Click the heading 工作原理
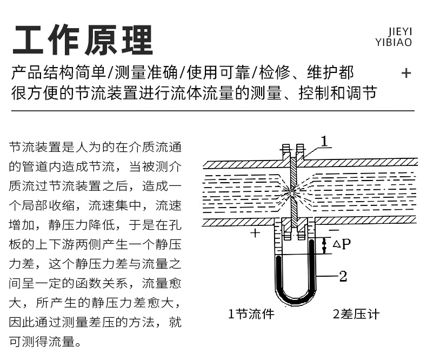[x=83, y=40]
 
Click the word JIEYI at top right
[x=400, y=32]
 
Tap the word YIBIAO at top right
[x=393, y=42]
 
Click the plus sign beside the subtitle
[x=406, y=74]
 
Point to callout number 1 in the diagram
[x=324, y=141]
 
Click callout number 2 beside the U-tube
[x=343, y=276]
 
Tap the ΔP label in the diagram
[x=342, y=244]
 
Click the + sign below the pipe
[x=255, y=233]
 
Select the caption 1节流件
[x=251, y=314]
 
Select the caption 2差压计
[x=356, y=314]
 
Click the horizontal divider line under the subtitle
[x=212, y=111]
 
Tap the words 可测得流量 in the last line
[x=42, y=342]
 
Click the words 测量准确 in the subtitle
[x=146, y=72]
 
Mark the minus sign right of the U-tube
[x=334, y=230]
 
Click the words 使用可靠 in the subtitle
[x=218, y=72]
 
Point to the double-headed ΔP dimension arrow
[x=324, y=245]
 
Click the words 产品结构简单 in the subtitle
[x=58, y=72]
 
